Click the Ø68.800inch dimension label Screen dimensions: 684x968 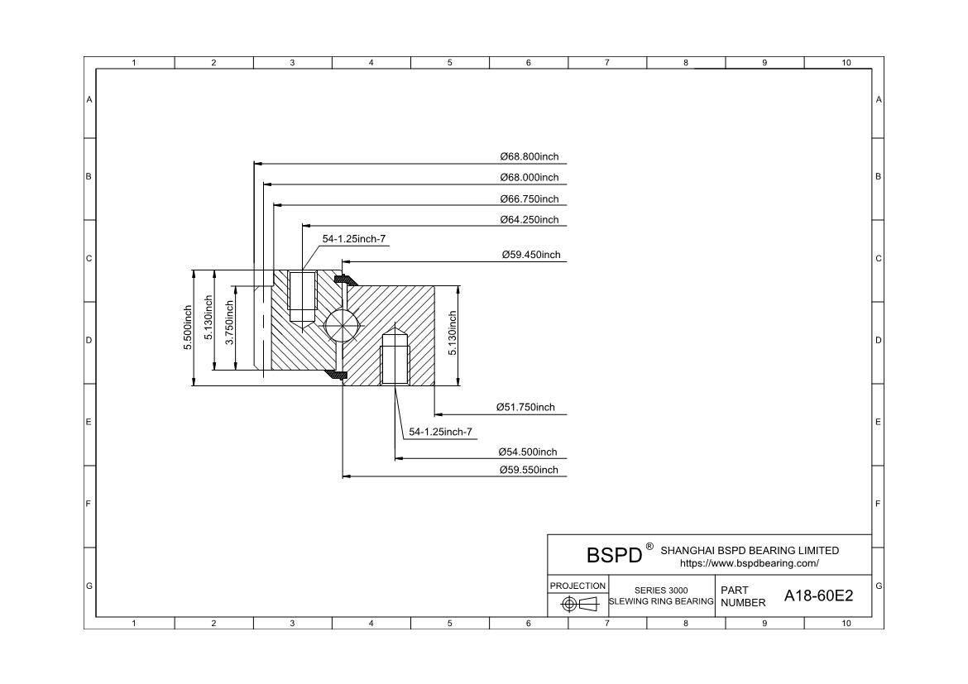coord(529,156)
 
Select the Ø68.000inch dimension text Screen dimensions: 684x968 coord(529,177)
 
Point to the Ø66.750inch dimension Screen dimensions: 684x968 coord(529,199)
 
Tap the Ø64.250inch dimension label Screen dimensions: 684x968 coord(529,219)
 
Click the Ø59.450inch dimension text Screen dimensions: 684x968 coord(530,255)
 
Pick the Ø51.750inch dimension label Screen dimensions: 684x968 coord(525,407)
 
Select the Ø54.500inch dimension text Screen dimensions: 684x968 coord(527,452)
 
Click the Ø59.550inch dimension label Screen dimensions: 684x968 coord(528,470)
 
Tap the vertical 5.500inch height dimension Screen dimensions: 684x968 coord(188,328)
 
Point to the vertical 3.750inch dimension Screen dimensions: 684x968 coord(230,328)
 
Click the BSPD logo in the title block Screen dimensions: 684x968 coord(614,555)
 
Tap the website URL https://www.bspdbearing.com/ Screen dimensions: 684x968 coord(749,563)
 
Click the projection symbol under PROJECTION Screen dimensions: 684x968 coord(578,605)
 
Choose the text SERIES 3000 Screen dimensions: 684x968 coord(661,590)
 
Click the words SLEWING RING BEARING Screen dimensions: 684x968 coord(661,601)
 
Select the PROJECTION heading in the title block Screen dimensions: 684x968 coord(577,586)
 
